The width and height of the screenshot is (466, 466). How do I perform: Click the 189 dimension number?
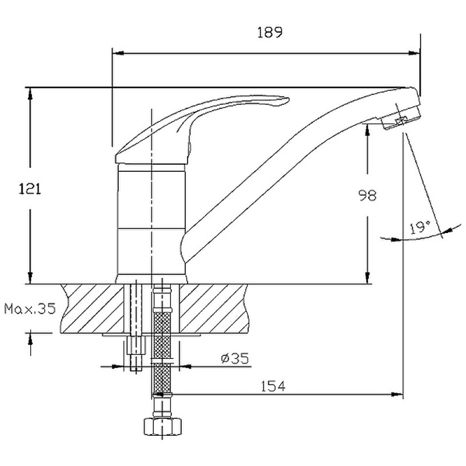tap(269, 33)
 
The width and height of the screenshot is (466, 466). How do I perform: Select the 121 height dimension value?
tap(30, 189)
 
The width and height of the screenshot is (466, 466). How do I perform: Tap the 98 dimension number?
tap(368, 196)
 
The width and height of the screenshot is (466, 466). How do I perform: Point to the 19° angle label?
tap(420, 227)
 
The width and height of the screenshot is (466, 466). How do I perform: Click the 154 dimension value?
tap(273, 386)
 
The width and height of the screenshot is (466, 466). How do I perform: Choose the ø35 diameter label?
tap(235, 358)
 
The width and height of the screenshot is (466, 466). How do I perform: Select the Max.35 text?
tap(30, 309)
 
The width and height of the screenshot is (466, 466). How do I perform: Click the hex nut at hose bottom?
tap(163, 426)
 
